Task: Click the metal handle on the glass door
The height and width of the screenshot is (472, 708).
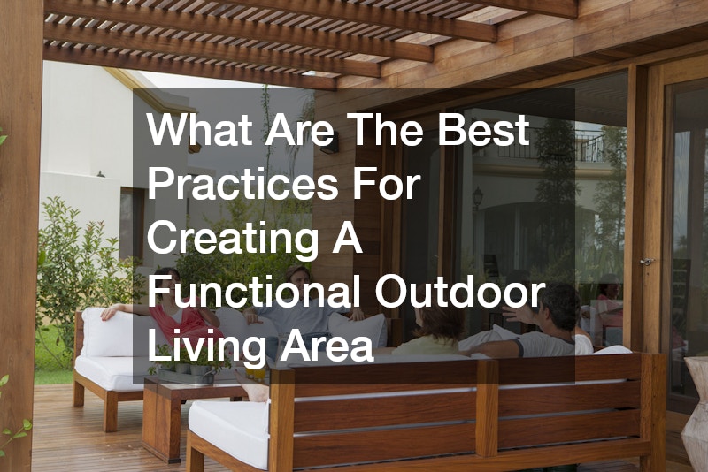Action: [x=647, y=262]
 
